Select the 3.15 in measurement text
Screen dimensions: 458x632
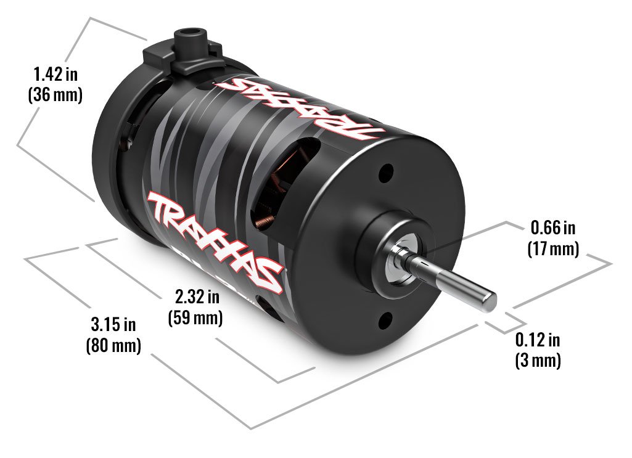pyautogui.click(x=113, y=324)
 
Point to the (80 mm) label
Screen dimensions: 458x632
pyautogui.click(x=113, y=345)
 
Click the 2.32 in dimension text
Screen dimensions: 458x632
pyautogui.click(x=197, y=298)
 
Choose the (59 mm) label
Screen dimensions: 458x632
pyautogui.click(x=195, y=319)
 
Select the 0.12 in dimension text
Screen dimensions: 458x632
pyautogui.click(x=538, y=339)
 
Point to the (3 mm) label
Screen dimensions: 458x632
pyautogui.click(x=538, y=361)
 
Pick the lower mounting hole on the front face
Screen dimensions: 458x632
pyautogui.click(x=386, y=319)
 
